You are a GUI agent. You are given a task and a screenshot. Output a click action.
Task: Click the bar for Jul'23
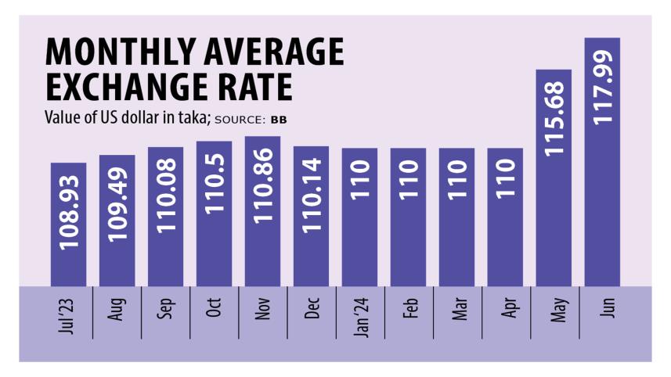pyautogui.click(x=68, y=227)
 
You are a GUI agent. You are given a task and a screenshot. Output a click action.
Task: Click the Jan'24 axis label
pyautogui.click(x=359, y=312)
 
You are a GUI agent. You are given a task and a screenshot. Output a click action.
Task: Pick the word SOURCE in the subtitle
pyautogui.click(x=240, y=120)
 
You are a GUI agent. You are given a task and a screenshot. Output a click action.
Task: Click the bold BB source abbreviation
pyautogui.click(x=279, y=120)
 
